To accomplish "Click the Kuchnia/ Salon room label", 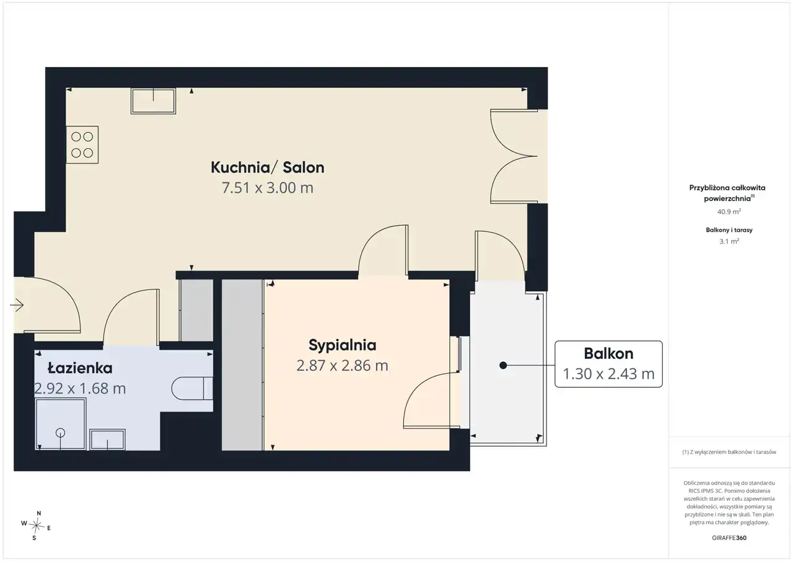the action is tap(267, 167).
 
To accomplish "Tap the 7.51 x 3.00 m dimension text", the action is tap(267, 188).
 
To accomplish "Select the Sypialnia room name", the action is tap(343, 345).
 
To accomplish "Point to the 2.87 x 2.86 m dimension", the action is tap(343, 366).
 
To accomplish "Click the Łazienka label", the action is tap(80, 368).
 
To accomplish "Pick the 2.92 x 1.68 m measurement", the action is tap(80, 389).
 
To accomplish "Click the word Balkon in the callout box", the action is tap(608, 353).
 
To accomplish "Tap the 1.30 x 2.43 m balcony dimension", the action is tap(608, 374).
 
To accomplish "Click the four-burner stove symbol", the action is tap(82, 145).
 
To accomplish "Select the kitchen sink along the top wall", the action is tap(153, 101).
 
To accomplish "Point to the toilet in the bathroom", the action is tap(192, 389).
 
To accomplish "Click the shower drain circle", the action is tap(60, 433).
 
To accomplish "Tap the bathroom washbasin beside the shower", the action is tap(107, 440).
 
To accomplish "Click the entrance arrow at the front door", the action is tap(17, 304).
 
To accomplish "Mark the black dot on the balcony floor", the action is tap(503, 365).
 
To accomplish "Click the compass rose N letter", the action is tap(39, 513).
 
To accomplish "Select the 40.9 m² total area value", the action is tap(729, 211).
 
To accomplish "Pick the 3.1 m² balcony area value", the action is tap(729, 241).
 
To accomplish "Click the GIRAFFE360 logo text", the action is tap(729, 537).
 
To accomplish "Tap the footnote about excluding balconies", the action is tap(729, 452).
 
